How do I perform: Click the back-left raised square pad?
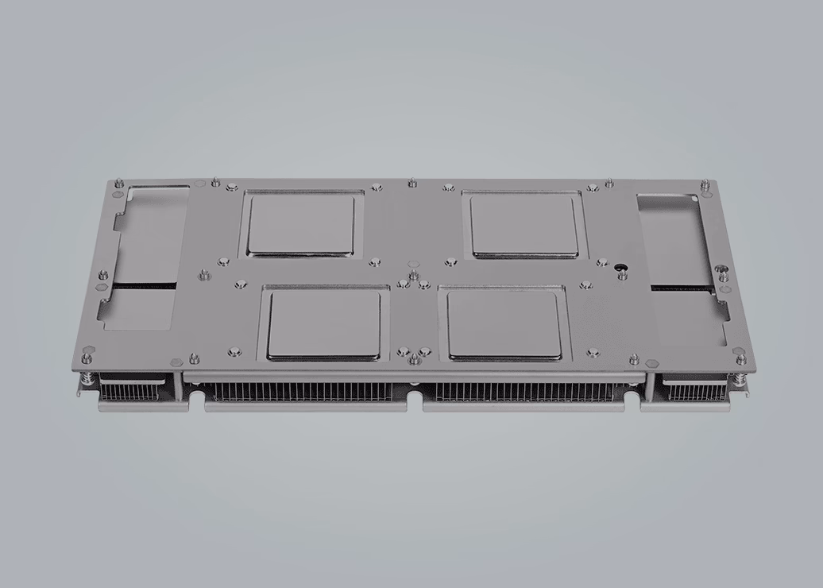pos(300,224)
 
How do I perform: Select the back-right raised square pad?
pos(524,225)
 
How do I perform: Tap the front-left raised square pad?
pos(324,323)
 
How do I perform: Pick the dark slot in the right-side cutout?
pos(682,287)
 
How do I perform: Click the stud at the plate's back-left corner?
pos(119,184)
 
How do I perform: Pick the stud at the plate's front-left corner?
pos(87,350)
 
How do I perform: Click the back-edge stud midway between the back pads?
pos(411,184)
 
